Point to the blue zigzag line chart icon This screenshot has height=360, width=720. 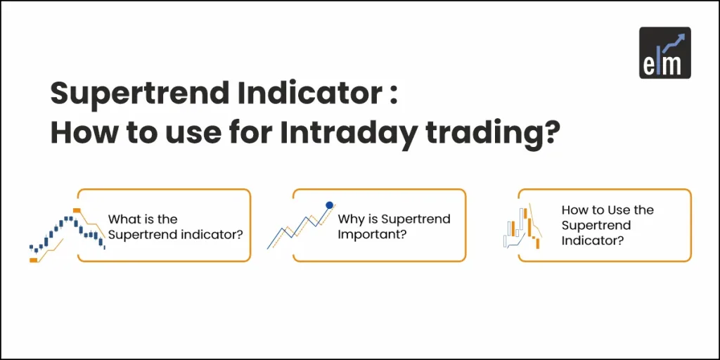(x=299, y=226)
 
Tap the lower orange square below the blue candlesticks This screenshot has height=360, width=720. (x=33, y=260)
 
